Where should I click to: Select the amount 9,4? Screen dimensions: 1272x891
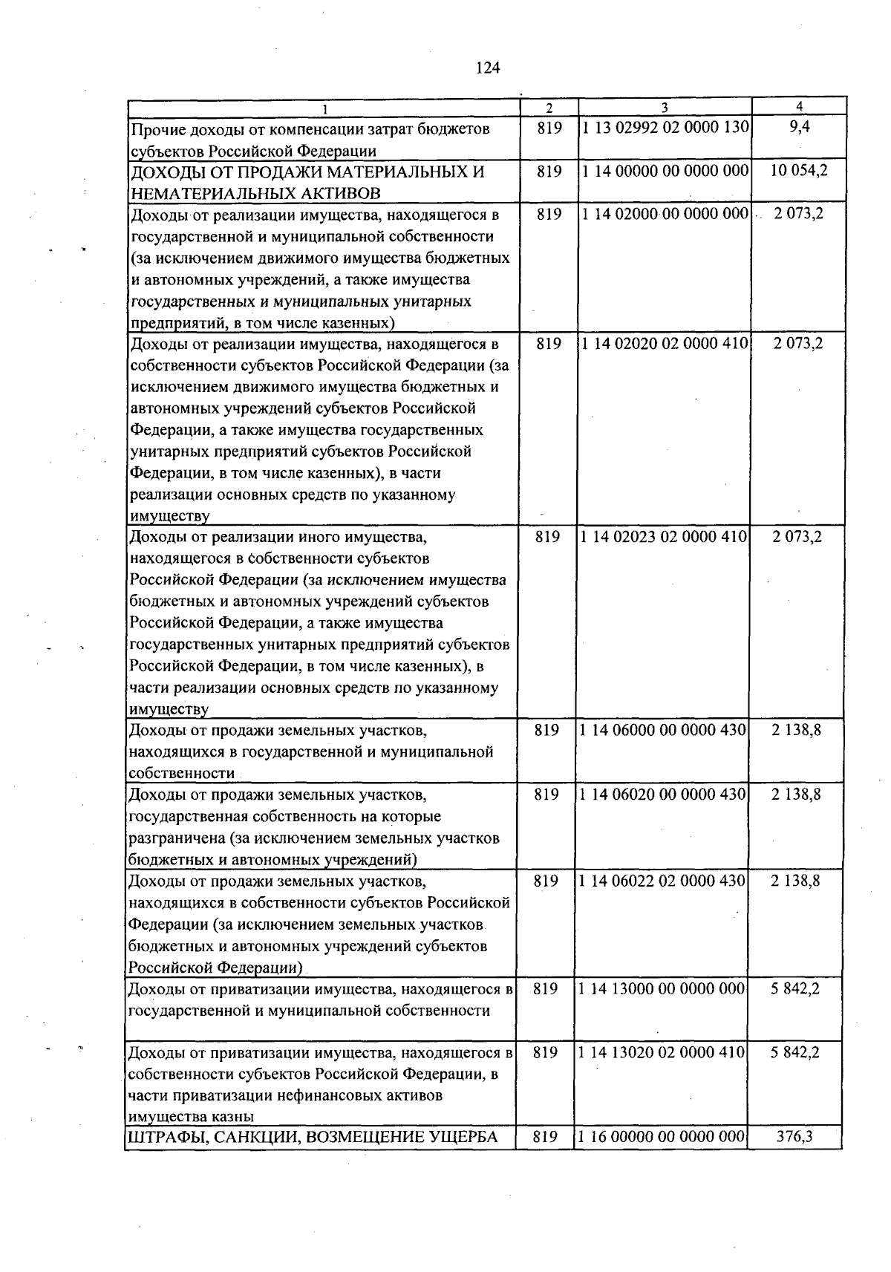tap(800, 127)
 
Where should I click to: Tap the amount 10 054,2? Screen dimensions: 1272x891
tap(799, 171)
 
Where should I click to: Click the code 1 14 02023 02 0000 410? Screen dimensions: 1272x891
tap(665, 537)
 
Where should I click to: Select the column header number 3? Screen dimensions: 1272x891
tap(665, 108)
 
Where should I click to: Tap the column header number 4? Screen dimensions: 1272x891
tap(799, 107)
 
